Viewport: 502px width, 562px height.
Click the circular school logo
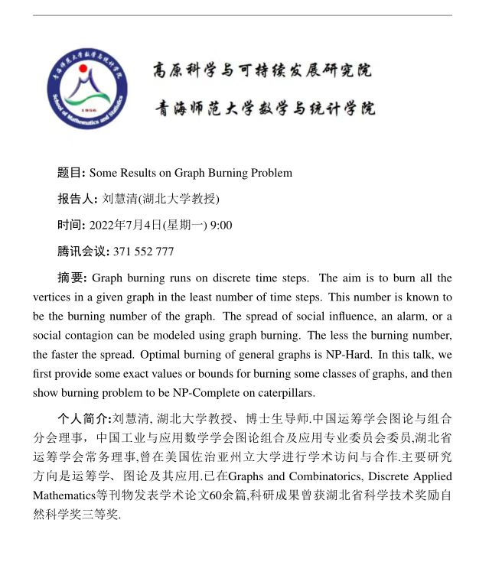pos(86,89)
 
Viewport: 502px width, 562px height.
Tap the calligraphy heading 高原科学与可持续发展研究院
pos(262,71)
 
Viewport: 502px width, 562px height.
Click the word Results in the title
pos(145,173)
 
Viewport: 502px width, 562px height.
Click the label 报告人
pos(77,199)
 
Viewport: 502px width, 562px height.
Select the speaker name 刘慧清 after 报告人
pos(118,199)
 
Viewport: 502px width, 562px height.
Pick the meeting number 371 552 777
pos(143,251)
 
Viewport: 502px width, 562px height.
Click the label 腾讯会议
pos(83,251)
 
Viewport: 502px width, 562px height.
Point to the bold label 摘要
pos(73,278)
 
